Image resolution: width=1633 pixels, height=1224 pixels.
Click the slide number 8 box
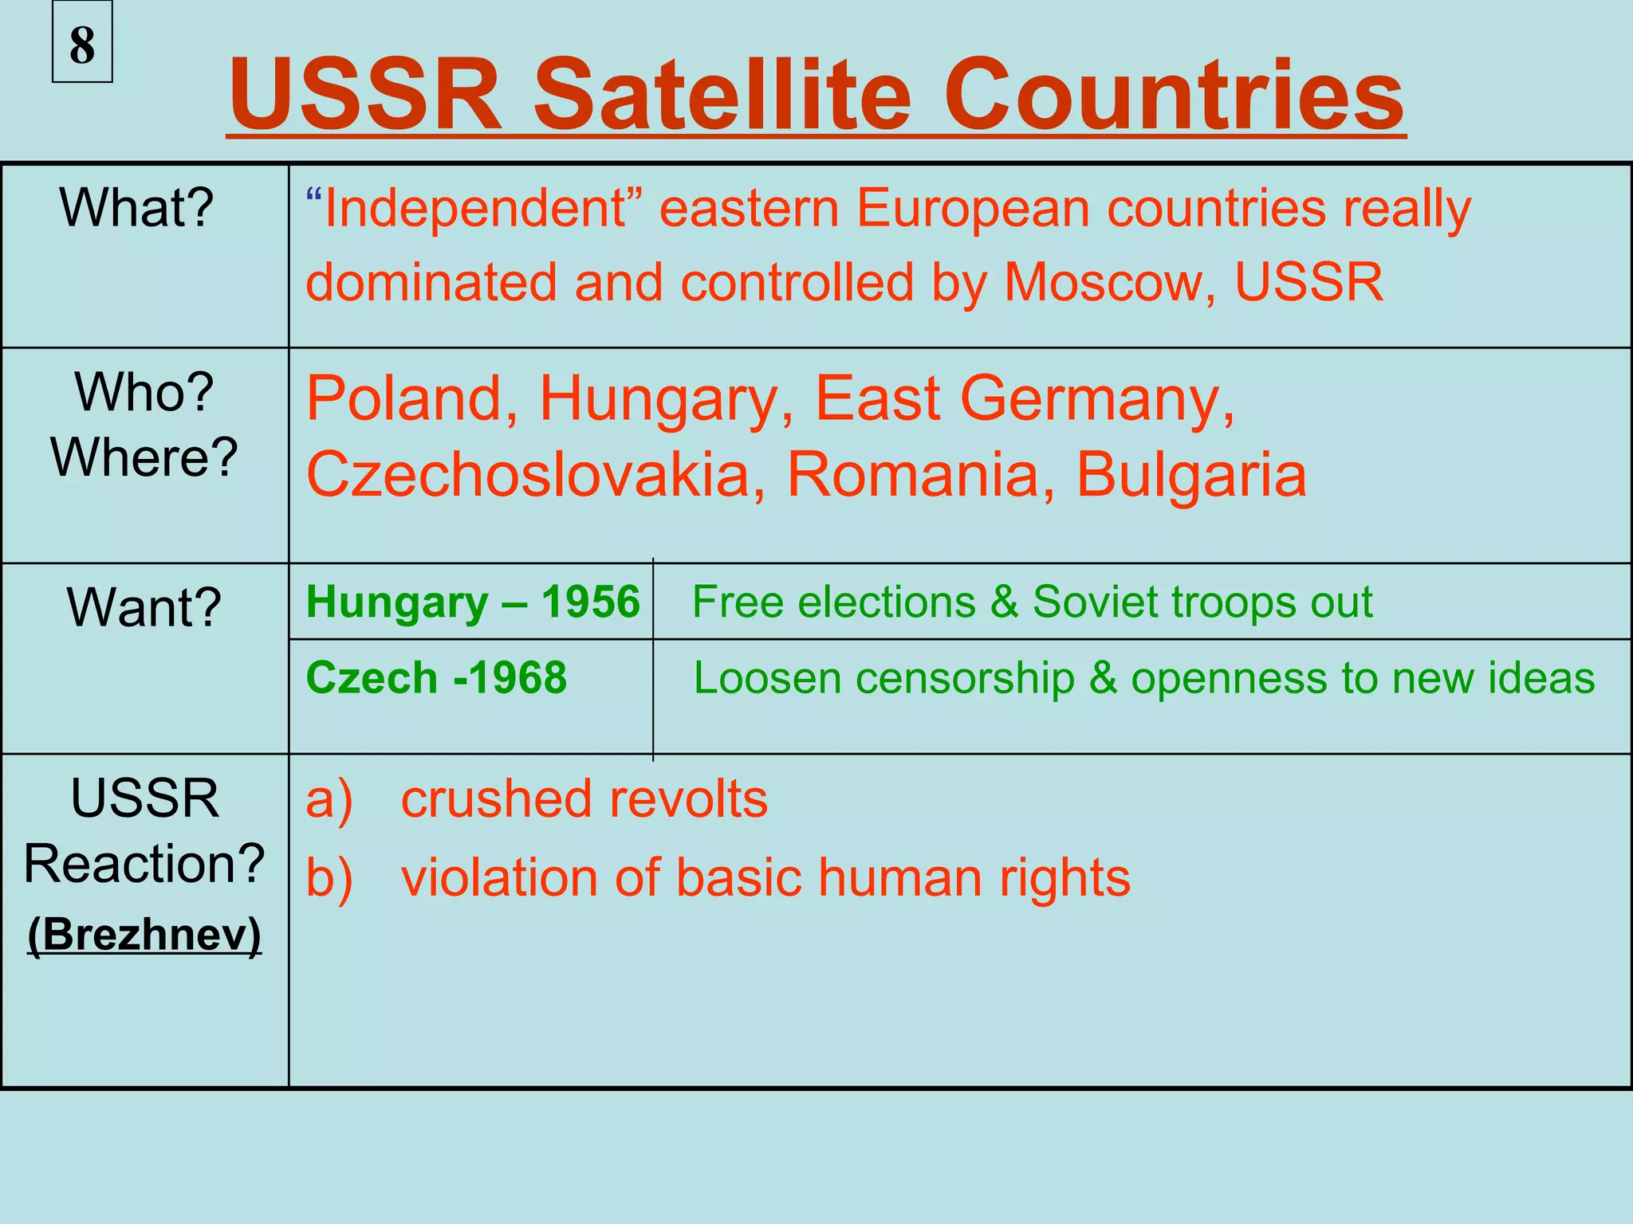coord(82,44)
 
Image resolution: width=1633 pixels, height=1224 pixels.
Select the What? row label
coord(137,208)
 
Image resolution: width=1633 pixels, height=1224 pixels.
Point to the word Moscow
coord(1109,283)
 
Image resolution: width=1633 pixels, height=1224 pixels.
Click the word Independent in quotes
coord(476,209)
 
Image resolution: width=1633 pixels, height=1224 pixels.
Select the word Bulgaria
coord(1191,475)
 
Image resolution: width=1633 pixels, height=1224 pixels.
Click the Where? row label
coord(144,457)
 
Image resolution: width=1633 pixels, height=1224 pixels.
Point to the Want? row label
coord(144,607)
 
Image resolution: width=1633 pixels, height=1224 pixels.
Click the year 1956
coord(590,602)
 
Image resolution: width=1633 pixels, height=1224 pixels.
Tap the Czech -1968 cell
coord(436,678)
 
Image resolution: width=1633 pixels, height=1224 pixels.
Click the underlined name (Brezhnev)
coord(144,934)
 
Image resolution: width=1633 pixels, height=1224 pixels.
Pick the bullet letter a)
coord(329,799)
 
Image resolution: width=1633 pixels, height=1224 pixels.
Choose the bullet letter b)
coord(329,878)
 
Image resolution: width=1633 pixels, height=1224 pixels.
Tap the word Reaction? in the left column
coord(144,864)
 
